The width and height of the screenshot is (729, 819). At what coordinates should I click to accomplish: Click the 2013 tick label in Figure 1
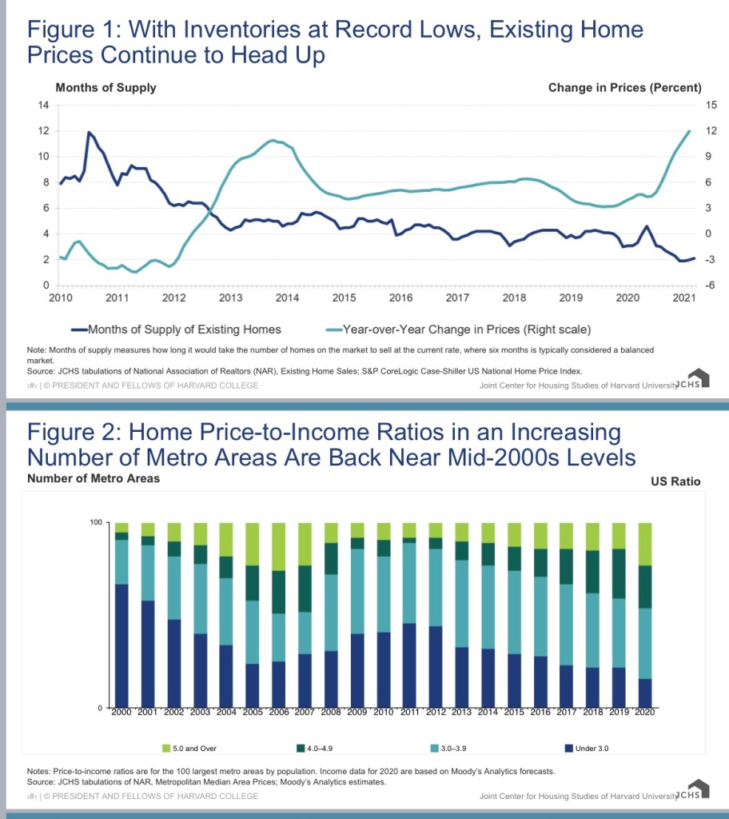(230, 298)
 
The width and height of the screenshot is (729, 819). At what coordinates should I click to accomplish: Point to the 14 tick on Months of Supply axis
(45, 105)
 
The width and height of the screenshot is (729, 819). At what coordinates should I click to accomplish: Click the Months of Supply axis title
(106, 87)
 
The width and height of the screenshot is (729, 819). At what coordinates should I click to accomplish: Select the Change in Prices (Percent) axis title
(624, 87)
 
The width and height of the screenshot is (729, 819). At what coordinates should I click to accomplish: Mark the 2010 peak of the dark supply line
(89, 132)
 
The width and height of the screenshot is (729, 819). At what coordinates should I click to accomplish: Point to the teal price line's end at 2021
(689, 131)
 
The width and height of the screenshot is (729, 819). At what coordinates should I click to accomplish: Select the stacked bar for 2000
(121, 615)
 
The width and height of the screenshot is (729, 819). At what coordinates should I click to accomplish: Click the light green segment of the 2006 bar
(279, 546)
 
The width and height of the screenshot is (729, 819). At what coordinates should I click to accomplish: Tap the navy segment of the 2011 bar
(408, 665)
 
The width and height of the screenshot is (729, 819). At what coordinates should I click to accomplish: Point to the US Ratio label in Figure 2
(676, 481)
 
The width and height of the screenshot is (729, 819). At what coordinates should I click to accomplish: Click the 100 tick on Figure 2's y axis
(94, 522)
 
